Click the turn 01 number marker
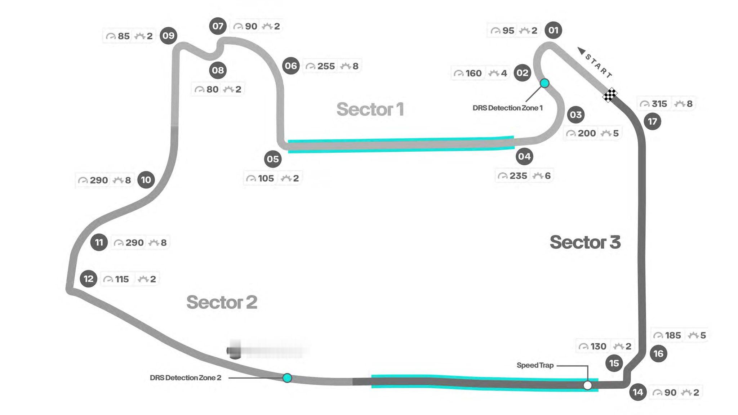553,30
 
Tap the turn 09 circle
168,36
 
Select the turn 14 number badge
638,392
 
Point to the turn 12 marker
88,279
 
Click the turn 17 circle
652,121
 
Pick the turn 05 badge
273,159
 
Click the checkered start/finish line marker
610,95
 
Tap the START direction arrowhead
581,51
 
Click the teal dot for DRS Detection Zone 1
544,83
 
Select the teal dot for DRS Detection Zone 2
287,378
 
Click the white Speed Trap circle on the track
587,385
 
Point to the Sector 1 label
370,109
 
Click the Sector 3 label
585,242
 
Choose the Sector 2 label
222,302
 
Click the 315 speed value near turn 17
659,104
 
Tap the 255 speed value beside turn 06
326,66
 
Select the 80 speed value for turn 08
212,89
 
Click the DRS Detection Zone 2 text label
185,378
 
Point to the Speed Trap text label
535,365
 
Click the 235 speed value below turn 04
518,176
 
